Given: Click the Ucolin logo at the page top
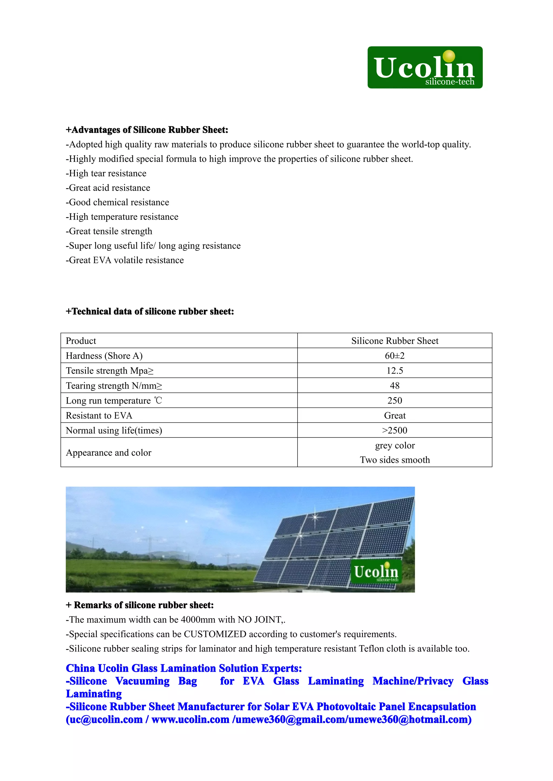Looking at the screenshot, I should tap(425, 68).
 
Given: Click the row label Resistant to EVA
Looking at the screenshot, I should tap(99, 416).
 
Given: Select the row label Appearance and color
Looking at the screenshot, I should tap(108, 453).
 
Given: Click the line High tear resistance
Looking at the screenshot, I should tap(106, 173).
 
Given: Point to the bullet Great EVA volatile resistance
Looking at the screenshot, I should tap(125, 260).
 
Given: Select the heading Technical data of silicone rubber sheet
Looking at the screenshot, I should tap(150, 311).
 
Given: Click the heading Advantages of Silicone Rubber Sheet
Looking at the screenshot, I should tap(147, 130).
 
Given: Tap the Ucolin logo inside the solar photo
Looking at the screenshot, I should tap(376, 573).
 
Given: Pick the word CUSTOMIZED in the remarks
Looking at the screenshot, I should tap(215, 634).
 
